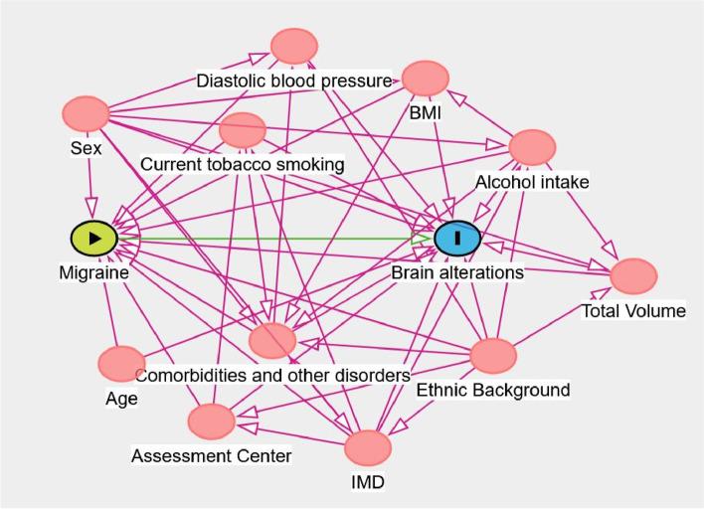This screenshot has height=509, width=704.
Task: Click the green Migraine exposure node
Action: tap(94, 238)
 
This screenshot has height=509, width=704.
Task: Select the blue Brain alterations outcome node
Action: tap(457, 238)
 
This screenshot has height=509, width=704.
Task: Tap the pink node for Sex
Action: tap(86, 114)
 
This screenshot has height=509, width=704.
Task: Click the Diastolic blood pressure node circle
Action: tap(294, 46)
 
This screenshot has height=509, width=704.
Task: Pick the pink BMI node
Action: tap(426, 79)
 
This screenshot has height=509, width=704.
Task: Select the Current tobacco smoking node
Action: tap(243, 129)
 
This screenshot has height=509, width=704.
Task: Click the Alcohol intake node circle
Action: tap(531, 147)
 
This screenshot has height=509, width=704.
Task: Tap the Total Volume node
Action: tap(633, 276)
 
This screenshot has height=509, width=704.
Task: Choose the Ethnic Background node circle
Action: tap(493, 355)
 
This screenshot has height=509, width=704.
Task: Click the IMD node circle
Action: tap(368, 447)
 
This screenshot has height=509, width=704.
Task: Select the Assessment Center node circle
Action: tap(212, 420)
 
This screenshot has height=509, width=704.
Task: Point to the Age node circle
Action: tap(121, 364)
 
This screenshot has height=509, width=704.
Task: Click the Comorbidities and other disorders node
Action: tap(272, 341)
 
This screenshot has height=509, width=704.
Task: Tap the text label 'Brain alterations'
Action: tap(456, 272)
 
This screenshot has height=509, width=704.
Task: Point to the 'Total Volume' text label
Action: tap(633, 311)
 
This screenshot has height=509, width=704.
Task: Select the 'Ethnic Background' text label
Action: tap(492, 390)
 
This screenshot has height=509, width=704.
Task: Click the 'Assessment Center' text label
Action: tap(212, 455)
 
